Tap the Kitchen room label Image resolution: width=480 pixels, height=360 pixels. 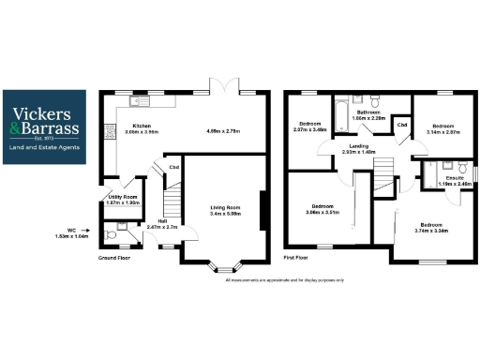142,126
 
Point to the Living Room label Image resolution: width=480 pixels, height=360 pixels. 222,207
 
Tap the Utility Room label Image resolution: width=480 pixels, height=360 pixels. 123,198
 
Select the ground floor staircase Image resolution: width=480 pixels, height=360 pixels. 170,202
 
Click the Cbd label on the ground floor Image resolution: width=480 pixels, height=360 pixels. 173,169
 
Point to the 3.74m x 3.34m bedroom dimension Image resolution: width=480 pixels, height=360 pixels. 432,230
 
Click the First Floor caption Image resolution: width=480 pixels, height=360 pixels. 296,256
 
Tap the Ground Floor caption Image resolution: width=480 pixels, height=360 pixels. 113,257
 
